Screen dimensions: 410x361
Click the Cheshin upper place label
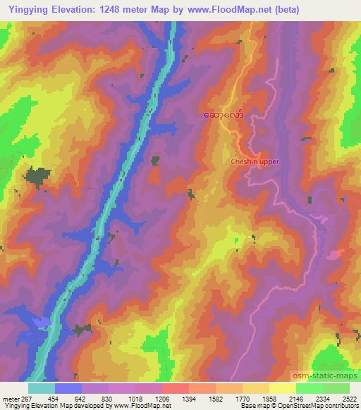tap(255, 161)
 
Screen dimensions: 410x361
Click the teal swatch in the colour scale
tap(42, 388)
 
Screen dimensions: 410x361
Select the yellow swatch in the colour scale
tap(282, 388)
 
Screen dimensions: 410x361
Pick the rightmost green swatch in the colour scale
tap(336, 388)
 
